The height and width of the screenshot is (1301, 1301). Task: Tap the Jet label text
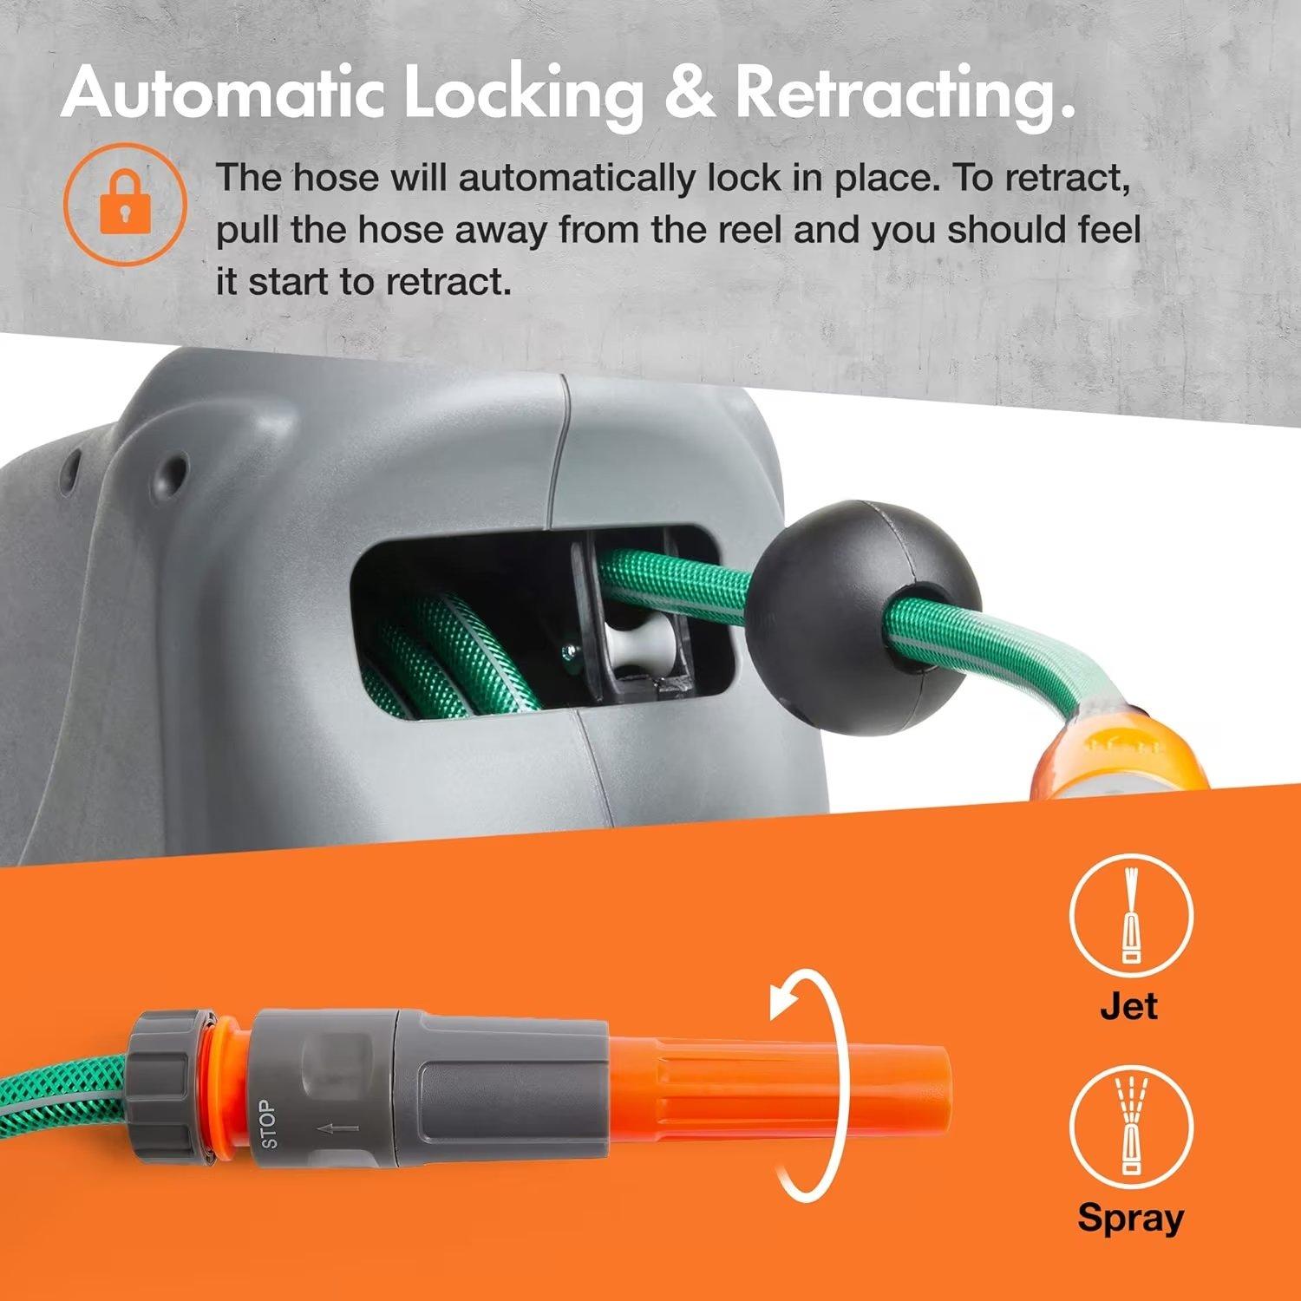(1128, 1006)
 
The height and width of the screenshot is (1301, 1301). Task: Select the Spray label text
(1130, 1217)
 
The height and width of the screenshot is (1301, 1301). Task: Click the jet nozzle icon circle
(1130, 917)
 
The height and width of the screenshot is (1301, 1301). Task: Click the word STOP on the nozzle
(270, 1124)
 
